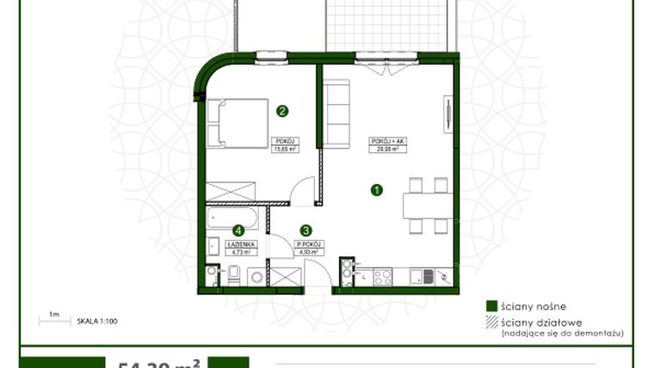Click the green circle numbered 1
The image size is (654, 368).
[376, 190]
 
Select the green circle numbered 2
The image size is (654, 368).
[281, 110]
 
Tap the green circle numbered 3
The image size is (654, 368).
[305, 230]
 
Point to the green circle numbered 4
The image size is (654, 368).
[238, 230]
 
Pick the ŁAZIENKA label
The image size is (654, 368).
[238, 244]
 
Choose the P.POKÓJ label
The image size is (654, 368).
[307, 244]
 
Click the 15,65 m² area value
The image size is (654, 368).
[285, 149]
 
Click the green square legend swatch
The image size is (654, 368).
[491, 305]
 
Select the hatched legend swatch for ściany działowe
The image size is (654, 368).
[491, 323]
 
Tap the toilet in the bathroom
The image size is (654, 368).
[231, 274]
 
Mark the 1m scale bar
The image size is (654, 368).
[53, 322]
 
